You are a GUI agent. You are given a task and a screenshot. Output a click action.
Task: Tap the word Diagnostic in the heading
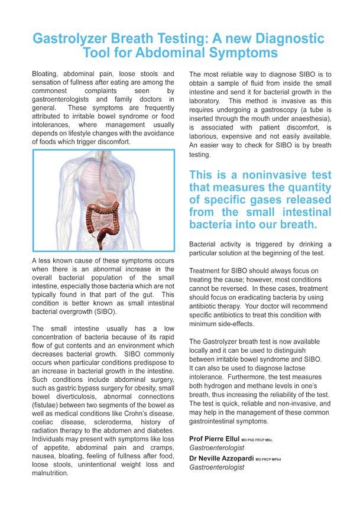279,39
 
